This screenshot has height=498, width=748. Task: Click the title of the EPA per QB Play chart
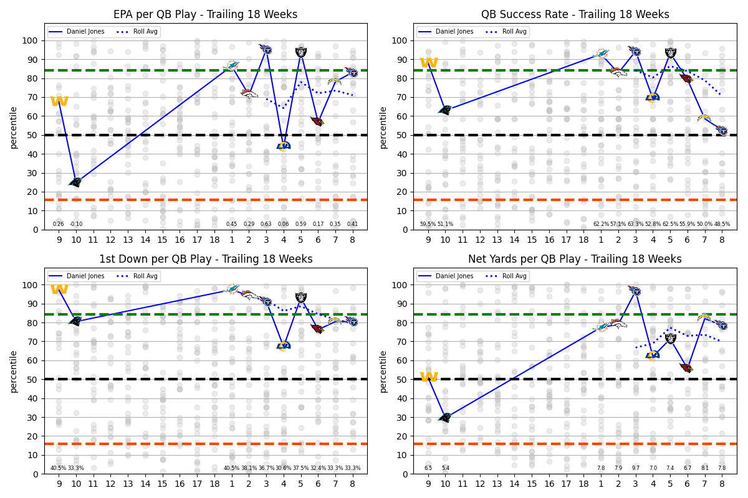click(206, 14)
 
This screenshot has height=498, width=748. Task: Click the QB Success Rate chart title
click(575, 14)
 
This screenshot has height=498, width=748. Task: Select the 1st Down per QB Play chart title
click(206, 259)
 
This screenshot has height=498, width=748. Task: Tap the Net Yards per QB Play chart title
click(575, 259)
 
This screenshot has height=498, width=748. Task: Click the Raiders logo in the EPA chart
click(301, 52)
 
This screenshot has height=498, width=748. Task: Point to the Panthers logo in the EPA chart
click(75, 182)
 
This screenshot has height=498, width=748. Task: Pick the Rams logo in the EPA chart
click(284, 146)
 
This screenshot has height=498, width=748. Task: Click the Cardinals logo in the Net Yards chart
click(686, 368)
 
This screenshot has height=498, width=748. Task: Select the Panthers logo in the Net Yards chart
click(445, 417)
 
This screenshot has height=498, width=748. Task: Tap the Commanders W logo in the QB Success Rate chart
click(428, 63)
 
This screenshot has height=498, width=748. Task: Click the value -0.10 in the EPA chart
click(76, 224)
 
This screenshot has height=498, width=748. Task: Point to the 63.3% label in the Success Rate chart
click(635, 224)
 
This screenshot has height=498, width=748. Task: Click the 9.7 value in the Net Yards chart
click(636, 468)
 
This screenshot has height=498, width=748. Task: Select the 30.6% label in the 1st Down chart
click(283, 468)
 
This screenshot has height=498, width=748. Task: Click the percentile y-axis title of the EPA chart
click(13, 127)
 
